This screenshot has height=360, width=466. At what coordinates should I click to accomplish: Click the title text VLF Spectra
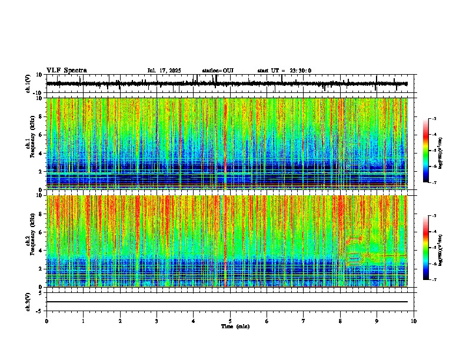click(66, 71)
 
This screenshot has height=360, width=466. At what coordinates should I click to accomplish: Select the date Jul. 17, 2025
click(164, 71)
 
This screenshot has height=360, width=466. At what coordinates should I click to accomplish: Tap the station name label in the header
click(218, 71)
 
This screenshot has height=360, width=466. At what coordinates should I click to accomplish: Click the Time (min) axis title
click(235, 326)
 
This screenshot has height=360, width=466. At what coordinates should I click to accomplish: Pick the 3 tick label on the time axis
click(157, 321)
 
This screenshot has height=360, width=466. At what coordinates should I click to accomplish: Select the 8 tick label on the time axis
click(340, 321)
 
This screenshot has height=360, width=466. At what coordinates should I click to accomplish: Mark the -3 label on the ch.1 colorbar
click(434, 119)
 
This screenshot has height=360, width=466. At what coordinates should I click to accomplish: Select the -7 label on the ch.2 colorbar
click(434, 280)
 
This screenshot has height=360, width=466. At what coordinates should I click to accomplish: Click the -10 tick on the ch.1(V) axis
click(38, 93)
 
